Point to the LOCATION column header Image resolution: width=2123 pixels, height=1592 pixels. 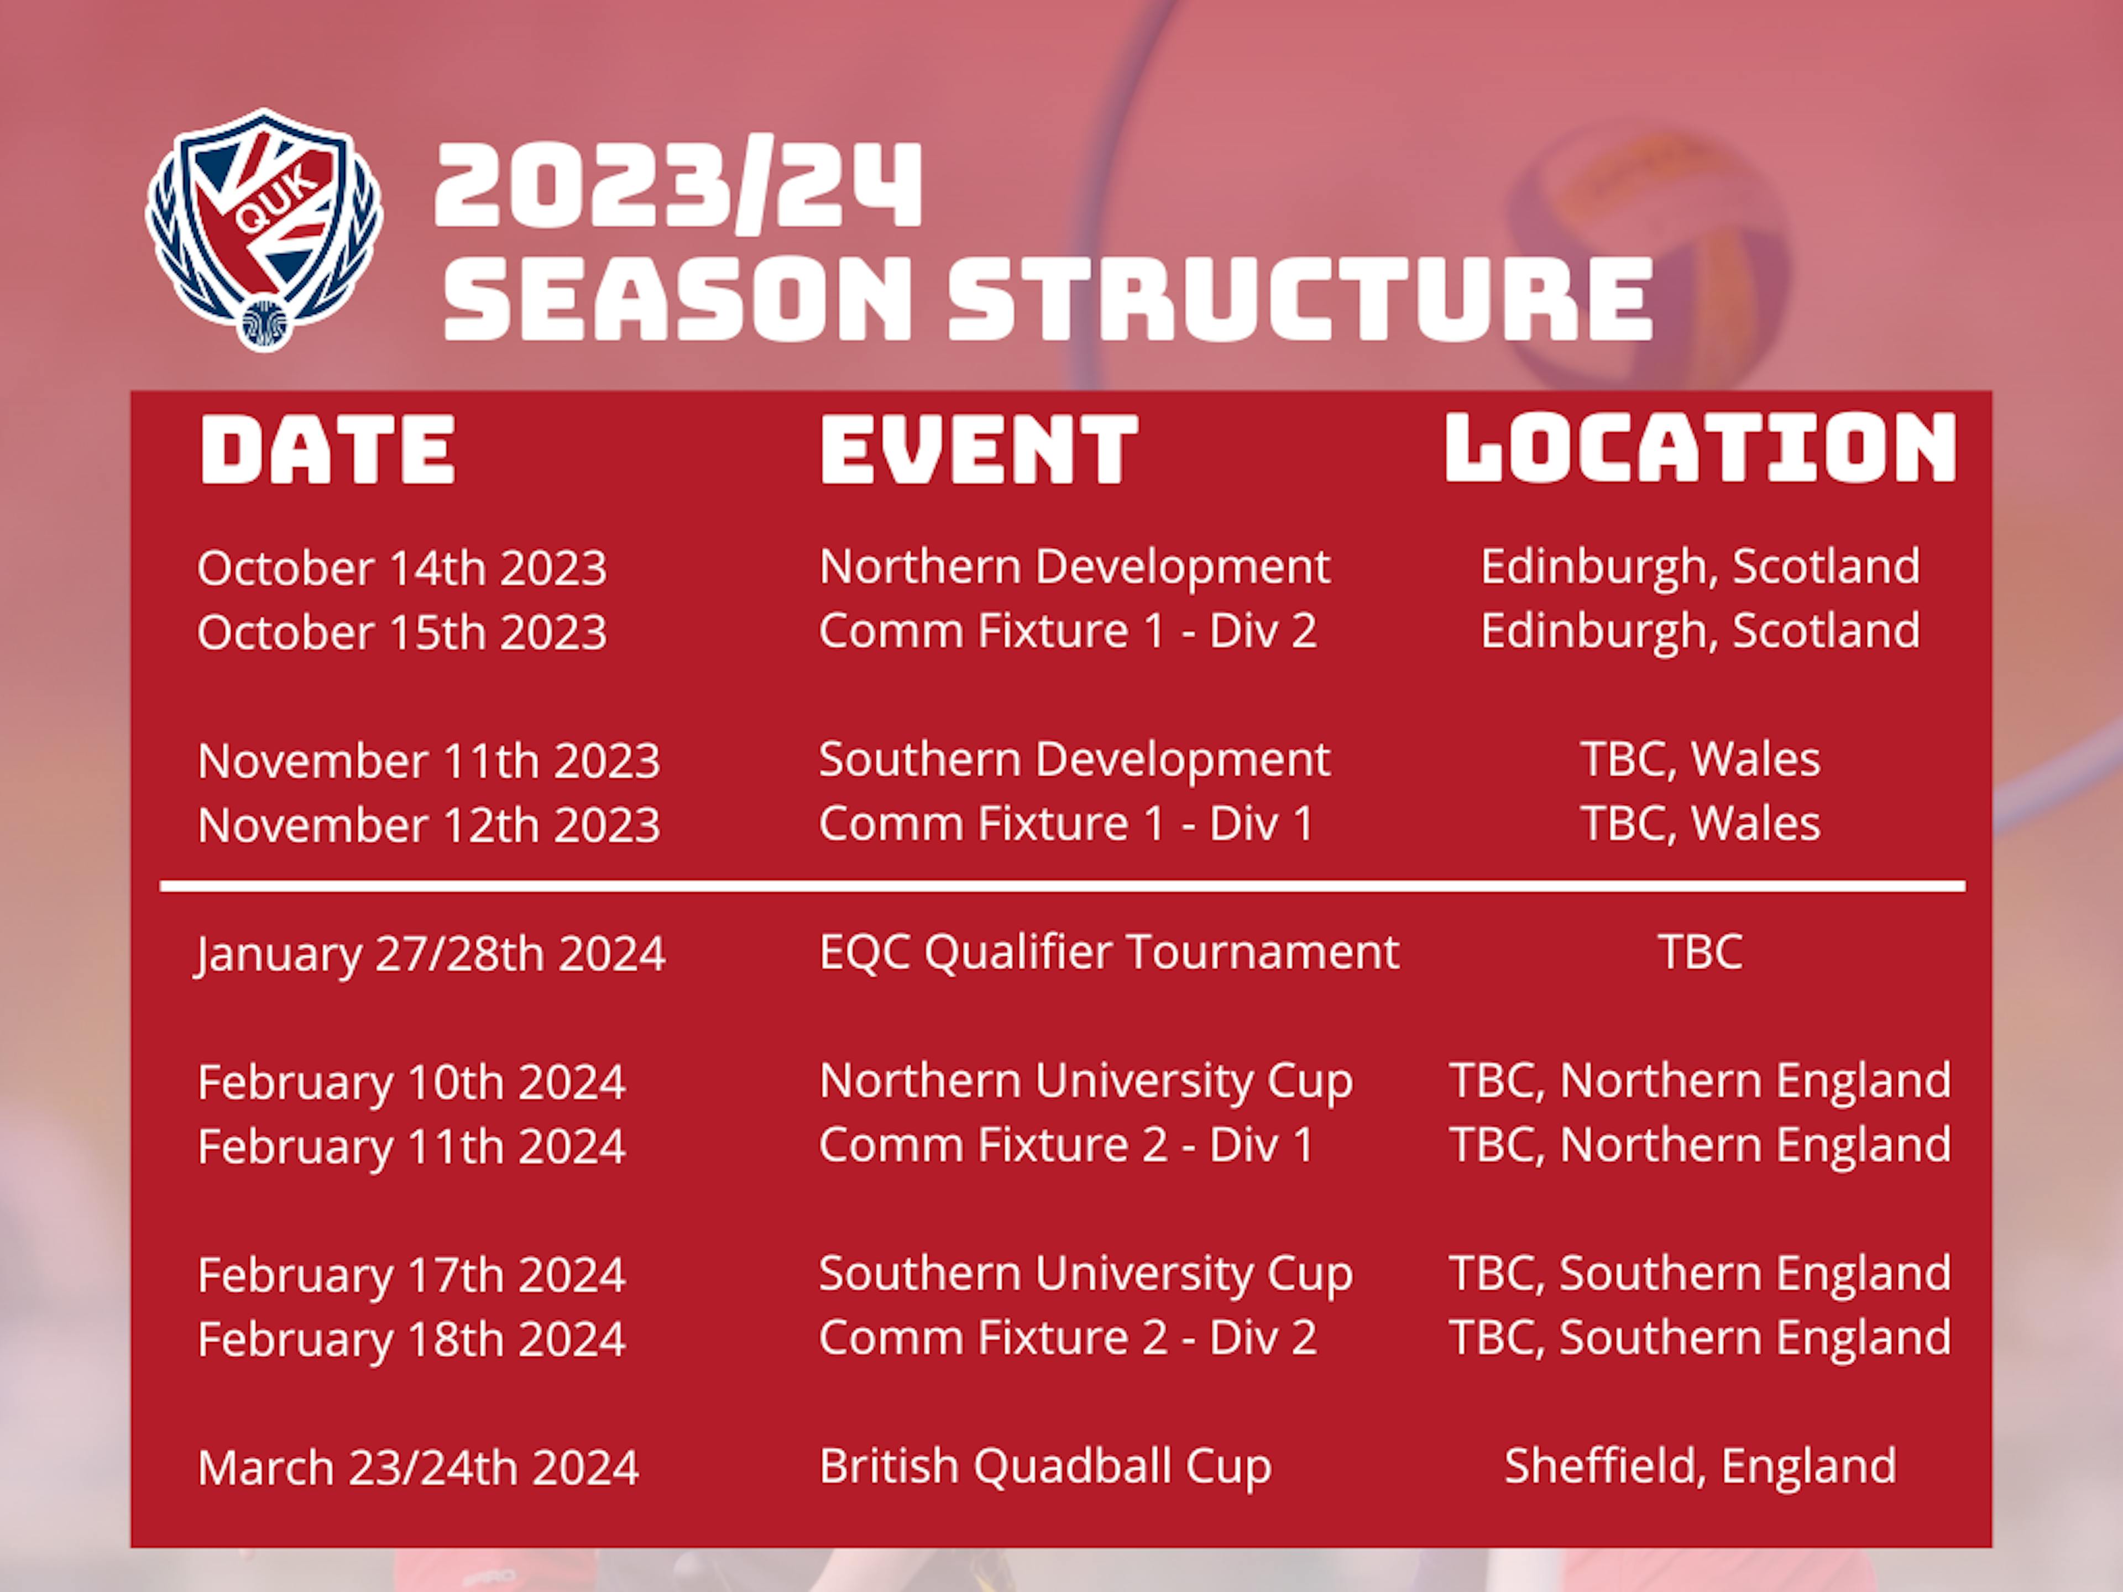point(1700,447)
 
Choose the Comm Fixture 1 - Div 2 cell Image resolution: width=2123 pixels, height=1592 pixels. point(1067,631)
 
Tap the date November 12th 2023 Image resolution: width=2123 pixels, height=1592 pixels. point(429,824)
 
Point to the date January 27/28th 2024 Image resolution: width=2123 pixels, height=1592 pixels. point(430,954)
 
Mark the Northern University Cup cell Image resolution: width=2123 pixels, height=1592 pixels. point(1085,1081)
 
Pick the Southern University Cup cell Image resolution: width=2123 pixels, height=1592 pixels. point(1085,1274)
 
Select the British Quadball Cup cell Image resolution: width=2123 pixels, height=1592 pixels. point(1045,1467)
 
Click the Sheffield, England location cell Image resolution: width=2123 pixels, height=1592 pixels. point(1700,1467)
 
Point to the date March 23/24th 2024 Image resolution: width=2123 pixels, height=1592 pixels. point(417,1467)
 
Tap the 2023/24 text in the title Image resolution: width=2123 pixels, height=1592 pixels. point(678,185)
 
